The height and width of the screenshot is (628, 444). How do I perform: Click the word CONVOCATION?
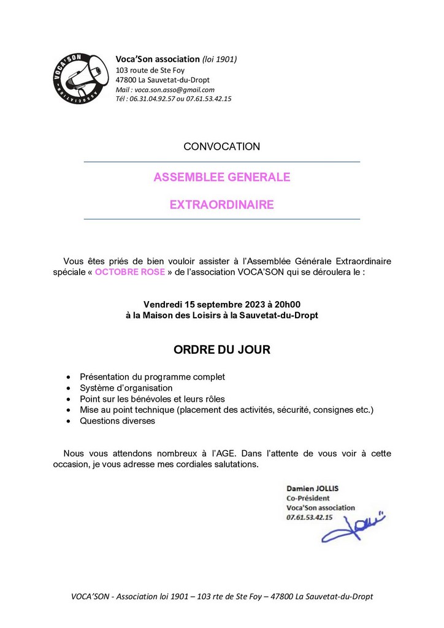221,147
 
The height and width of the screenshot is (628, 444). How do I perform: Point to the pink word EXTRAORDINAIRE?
221,204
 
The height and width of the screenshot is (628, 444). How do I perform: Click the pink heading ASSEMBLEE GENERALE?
221,178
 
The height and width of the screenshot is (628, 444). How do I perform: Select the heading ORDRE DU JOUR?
221,350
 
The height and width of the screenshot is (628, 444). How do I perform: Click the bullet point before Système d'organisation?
67,388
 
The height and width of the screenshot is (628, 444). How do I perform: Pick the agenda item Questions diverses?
118,421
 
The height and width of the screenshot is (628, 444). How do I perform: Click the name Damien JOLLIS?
313,488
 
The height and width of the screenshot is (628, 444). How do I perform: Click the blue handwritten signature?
353,526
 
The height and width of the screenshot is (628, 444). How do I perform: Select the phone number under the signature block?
310,518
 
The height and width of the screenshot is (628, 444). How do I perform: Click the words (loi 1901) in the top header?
220,59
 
